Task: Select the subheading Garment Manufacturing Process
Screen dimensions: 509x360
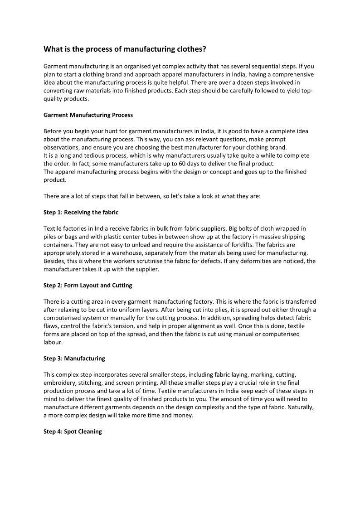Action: pyautogui.click(x=88, y=115)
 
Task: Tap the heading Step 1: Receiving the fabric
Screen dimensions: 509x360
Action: pyautogui.click(x=81, y=212)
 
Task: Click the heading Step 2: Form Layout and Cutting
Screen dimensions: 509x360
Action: pyautogui.click(x=88, y=286)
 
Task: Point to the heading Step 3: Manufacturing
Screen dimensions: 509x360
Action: pyautogui.click(x=74, y=359)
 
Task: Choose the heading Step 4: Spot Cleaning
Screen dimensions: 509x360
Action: pyautogui.click(x=73, y=431)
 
